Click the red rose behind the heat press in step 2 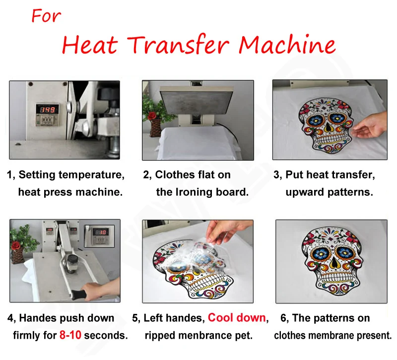click(x=152, y=116)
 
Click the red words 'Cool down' click(x=237, y=318)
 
